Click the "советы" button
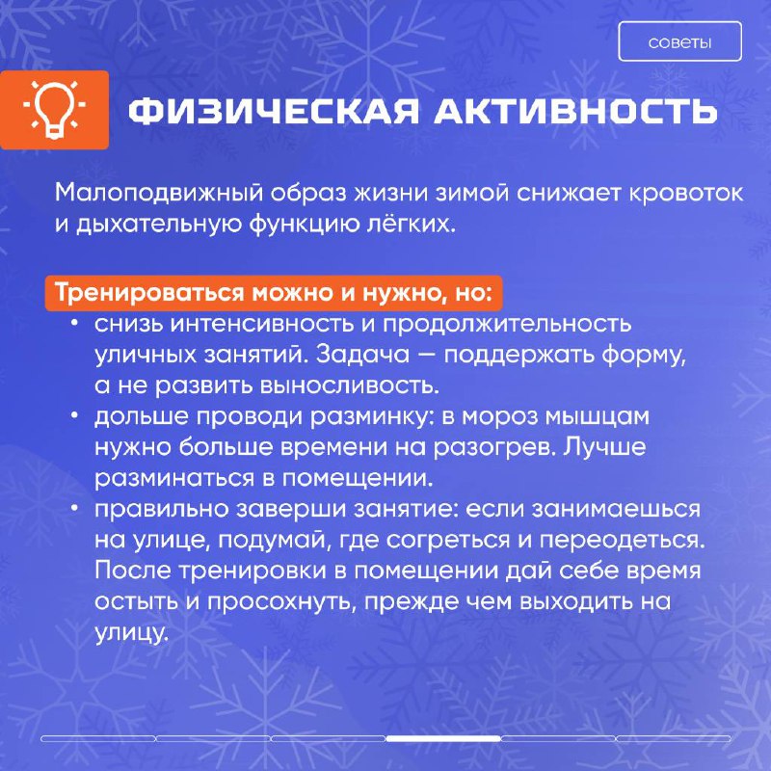point(679,41)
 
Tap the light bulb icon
point(54,109)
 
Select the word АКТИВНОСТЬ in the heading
point(574,111)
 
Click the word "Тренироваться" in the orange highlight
point(149,293)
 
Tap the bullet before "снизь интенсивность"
point(75,323)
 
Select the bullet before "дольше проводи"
point(75,415)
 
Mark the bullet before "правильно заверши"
point(75,508)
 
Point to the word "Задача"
point(362,355)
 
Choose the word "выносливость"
point(349,385)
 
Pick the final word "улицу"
point(131,633)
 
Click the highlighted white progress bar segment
point(443,738)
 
